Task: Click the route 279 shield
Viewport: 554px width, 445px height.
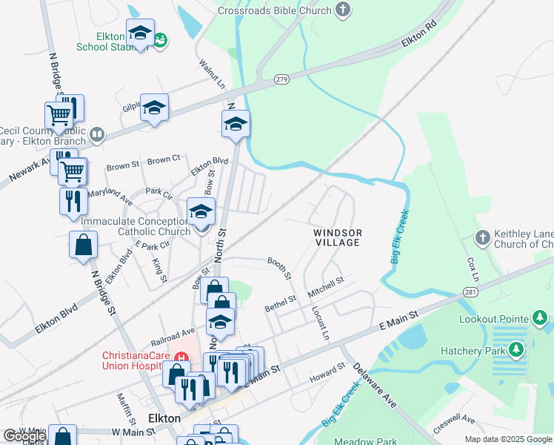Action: coord(281,79)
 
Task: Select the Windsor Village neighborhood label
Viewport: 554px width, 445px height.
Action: coord(338,237)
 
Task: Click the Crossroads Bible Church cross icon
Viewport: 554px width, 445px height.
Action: coord(342,10)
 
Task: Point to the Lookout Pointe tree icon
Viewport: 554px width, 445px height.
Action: coord(540,318)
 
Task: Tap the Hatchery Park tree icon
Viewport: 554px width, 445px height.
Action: coord(516,349)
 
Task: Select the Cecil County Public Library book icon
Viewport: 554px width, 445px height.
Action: coord(96,134)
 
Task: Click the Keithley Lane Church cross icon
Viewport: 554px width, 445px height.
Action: coord(482,237)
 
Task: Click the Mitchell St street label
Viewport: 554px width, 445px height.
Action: coord(327,284)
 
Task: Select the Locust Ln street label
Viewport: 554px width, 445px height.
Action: coord(319,323)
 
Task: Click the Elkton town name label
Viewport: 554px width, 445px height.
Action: coord(164,418)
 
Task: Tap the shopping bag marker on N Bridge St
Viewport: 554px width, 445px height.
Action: coord(83,245)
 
